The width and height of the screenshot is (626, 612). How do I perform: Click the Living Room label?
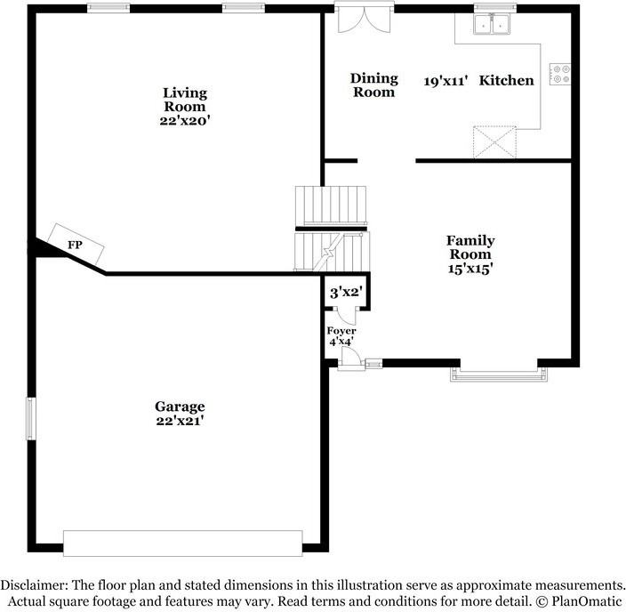185,100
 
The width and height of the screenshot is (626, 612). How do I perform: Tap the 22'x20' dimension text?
185,120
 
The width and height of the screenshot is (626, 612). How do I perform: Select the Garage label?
180,406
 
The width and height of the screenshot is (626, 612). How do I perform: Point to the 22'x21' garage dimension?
180,420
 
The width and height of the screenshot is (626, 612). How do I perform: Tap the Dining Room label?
373,85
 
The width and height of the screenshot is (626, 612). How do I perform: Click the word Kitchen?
507,81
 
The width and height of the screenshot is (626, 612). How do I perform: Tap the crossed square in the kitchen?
494,141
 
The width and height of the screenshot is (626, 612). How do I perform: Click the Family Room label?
470,247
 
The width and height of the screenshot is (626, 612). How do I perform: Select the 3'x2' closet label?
345,292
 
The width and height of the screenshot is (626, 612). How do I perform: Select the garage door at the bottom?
182,543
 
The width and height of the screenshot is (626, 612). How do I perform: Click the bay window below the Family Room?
498,373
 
